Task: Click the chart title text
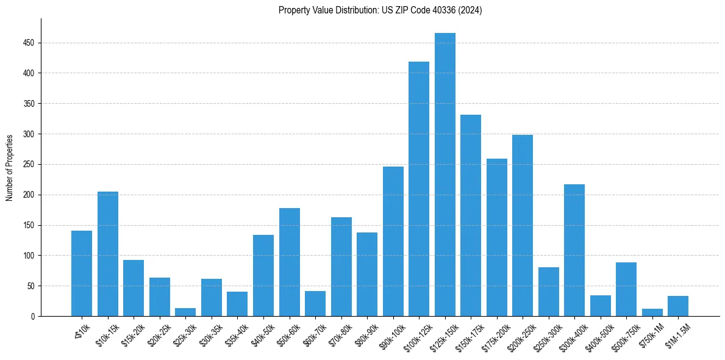click(380, 10)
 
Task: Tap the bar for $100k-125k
click(419, 189)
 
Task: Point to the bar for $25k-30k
click(185, 312)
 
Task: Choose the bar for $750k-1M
click(652, 312)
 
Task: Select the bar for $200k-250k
click(523, 226)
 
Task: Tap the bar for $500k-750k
click(626, 289)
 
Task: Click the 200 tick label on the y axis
click(29, 195)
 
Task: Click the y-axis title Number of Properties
click(10, 168)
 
